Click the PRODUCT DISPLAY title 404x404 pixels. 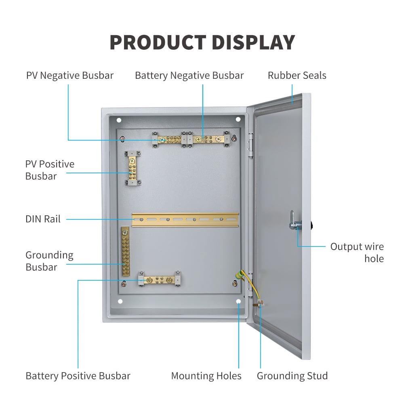(202, 42)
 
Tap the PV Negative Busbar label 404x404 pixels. (70, 76)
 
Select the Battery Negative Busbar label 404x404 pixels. (189, 76)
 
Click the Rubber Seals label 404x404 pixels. (297, 76)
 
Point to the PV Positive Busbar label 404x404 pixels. (50, 170)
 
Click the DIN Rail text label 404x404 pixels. (43, 219)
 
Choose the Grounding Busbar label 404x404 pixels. (49, 261)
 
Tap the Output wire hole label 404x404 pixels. (357, 253)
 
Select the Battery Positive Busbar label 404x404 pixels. (78, 376)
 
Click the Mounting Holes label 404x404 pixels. (206, 376)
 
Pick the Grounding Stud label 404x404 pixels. (292, 376)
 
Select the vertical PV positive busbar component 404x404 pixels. (132, 168)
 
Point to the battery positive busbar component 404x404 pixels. (160, 279)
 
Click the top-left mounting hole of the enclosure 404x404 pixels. (119, 120)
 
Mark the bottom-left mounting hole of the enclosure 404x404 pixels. (120, 301)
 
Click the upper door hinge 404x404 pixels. (250, 145)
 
